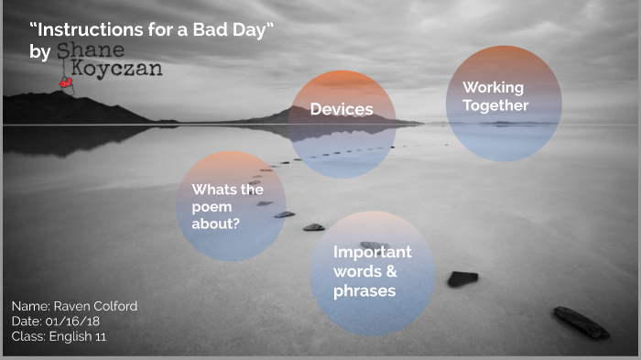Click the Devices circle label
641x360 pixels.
342,110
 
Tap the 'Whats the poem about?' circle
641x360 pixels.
231,205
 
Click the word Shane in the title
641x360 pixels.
90,50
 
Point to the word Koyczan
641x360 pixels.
114,69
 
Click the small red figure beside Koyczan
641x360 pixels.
66,82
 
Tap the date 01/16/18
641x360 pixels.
77,322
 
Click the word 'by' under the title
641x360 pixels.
40,52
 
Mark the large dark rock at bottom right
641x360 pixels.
580,322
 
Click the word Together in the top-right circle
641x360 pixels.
495,105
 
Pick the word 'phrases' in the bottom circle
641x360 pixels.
364,291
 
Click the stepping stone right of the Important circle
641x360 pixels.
462,278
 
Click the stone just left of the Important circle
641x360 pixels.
313,226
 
